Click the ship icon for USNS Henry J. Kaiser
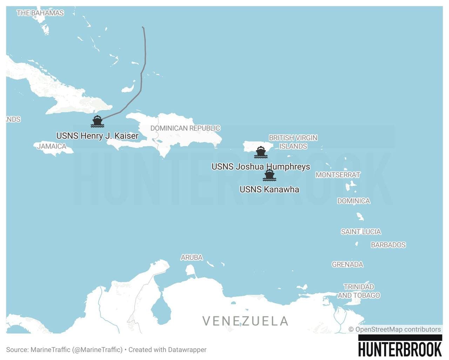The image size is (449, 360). coord(97,121)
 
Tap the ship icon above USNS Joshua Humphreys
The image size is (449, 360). coord(261,152)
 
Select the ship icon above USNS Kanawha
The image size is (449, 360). coord(269,175)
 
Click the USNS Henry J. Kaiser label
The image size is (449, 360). coord(97,136)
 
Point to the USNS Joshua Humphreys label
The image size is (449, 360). coord(261,166)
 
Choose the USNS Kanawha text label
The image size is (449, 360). coord(269,189)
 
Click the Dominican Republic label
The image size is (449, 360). coord(185,128)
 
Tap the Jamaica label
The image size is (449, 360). coord(52,146)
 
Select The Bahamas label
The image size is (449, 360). coord(40,13)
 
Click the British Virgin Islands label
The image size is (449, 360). coord(293,142)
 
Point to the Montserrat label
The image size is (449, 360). coord(338,175)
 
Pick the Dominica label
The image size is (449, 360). coord(354,201)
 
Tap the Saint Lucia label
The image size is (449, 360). coord(361,232)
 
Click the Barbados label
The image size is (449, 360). coord(388,245)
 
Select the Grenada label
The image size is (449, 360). coord(347,264)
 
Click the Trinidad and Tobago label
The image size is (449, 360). coord(359,291)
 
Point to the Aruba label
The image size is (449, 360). coord(192,258)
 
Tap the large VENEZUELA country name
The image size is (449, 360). coord(245,321)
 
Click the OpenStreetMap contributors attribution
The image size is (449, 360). coord(395,329)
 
